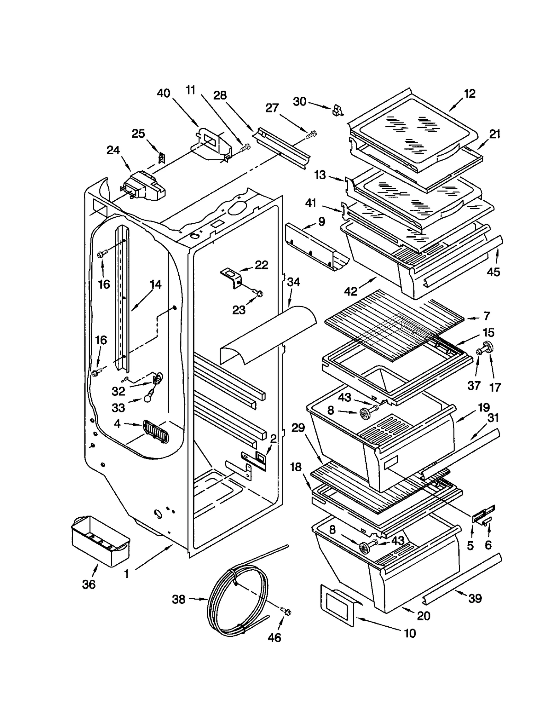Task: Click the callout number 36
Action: click(89, 584)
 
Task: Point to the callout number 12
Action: click(470, 94)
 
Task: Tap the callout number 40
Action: click(163, 93)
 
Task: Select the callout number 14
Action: click(156, 284)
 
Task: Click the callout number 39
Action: click(475, 598)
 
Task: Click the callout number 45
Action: click(493, 272)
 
